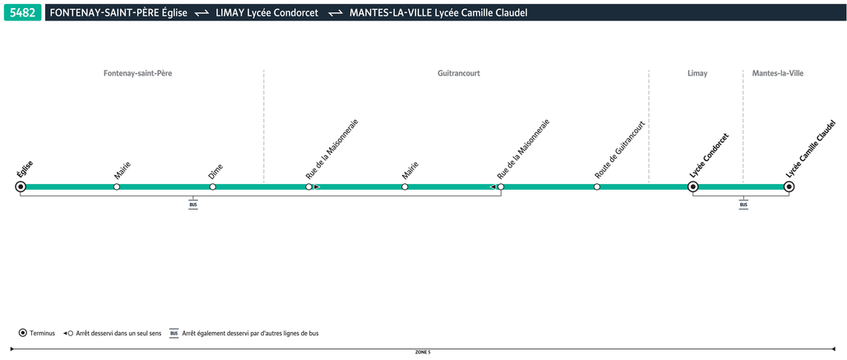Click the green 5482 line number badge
click(x=23, y=12)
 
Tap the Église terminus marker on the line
click(x=21, y=187)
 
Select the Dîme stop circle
click(x=213, y=187)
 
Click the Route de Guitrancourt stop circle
click(x=597, y=187)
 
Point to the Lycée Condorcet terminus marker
click(x=693, y=187)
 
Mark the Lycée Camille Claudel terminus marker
click(x=789, y=187)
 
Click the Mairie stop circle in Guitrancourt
click(x=405, y=187)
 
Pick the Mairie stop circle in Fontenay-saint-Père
click(x=117, y=187)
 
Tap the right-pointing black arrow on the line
click(x=317, y=187)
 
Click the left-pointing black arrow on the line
click(x=492, y=187)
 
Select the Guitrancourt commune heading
click(x=459, y=73)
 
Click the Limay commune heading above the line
click(x=697, y=73)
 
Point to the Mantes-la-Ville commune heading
click(x=778, y=73)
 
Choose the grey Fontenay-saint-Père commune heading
click(x=138, y=73)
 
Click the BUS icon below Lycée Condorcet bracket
click(x=744, y=205)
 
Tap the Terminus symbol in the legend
click(x=23, y=333)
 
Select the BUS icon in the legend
click(x=174, y=333)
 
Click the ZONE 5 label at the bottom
click(x=423, y=352)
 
